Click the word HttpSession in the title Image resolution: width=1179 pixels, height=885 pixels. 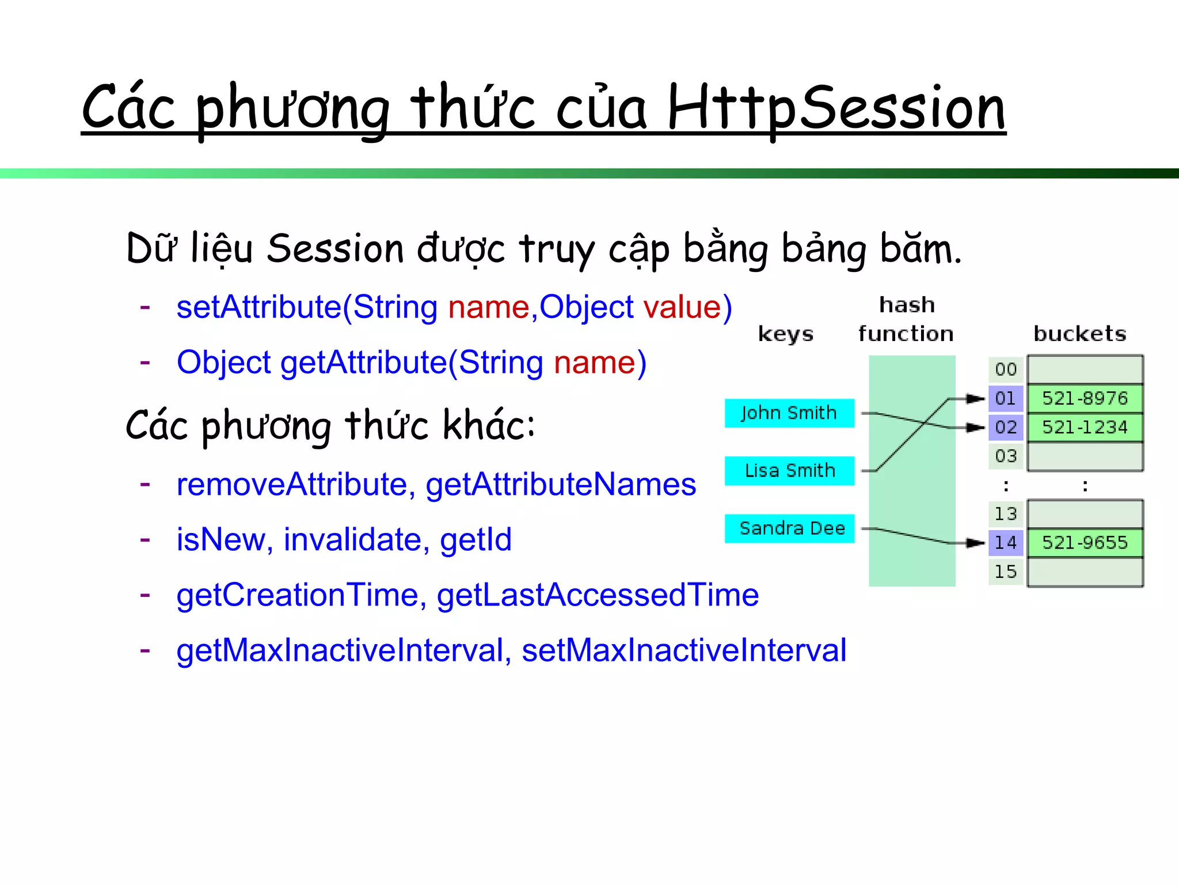point(836,108)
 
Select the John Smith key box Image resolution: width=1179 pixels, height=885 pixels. point(789,413)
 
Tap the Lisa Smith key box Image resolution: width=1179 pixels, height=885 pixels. point(789,471)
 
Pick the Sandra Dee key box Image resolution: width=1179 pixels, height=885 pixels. point(789,528)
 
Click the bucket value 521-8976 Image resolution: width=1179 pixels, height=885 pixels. point(1085,398)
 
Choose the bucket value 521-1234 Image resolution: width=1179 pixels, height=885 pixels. point(1085,427)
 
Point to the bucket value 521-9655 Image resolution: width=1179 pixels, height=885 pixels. point(1085,542)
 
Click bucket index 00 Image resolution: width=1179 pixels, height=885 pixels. point(1006,369)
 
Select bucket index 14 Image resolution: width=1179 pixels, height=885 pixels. point(1006,542)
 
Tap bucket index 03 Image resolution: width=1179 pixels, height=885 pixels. point(1006,456)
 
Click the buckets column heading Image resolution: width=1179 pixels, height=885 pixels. point(1079,334)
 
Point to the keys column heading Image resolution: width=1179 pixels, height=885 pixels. point(786,334)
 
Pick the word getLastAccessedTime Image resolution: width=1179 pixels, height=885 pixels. point(598,595)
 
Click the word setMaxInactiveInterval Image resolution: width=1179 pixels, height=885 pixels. point(684,650)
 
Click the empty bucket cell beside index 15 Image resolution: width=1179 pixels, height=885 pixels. point(1085,572)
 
